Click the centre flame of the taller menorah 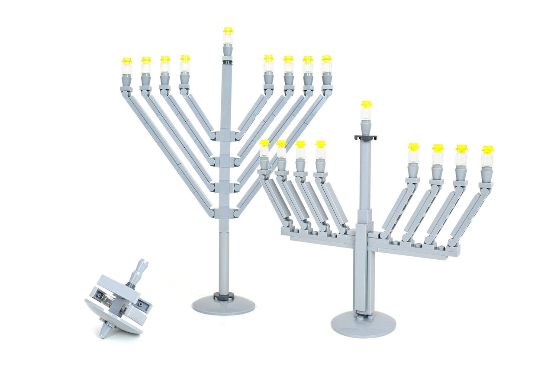pyautogui.click(x=228, y=31)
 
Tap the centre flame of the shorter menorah pyautogui.click(x=366, y=104)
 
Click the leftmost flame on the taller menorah pyautogui.click(x=126, y=61)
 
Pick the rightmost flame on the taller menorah pyautogui.click(x=326, y=58)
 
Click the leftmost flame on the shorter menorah pyautogui.click(x=264, y=143)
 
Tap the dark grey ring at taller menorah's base pyautogui.click(x=223, y=296)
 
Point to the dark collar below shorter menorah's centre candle pyautogui.click(x=366, y=137)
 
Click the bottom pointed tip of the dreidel pyautogui.click(x=104, y=333)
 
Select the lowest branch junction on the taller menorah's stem pyautogui.click(x=224, y=213)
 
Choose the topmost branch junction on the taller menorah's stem pyautogui.click(x=224, y=136)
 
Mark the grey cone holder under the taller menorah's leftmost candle pyautogui.click(x=126, y=80)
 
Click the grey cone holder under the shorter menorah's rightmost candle pyautogui.click(x=486, y=174)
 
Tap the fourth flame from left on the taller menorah pyautogui.click(x=185, y=58)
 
